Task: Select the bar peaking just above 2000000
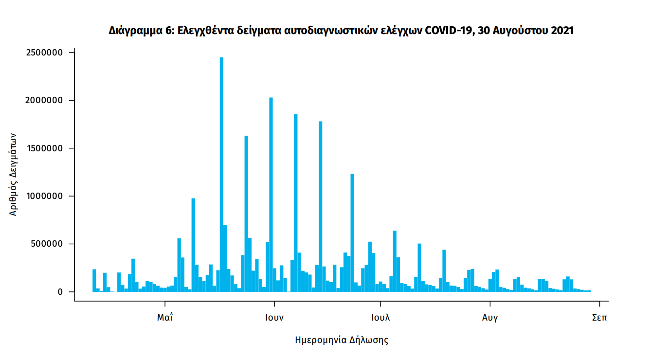click(x=271, y=195)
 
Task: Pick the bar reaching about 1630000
click(x=246, y=214)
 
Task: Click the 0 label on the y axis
click(x=60, y=292)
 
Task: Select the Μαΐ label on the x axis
click(x=165, y=318)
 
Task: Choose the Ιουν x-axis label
click(x=274, y=318)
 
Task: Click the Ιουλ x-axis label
click(x=380, y=318)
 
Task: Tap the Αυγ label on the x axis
click(x=490, y=318)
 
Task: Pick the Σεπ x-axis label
click(x=600, y=318)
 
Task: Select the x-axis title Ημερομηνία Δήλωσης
click(x=342, y=340)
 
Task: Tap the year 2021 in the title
click(x=562, y=31)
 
